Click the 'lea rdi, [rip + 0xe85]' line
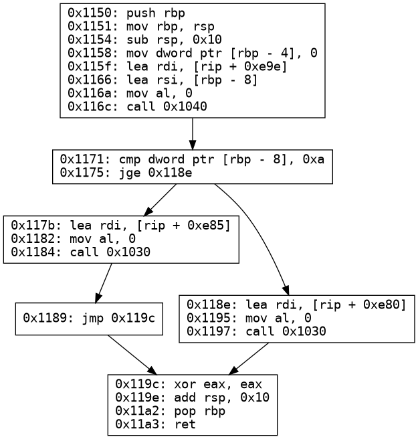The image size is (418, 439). [x=121, y=226]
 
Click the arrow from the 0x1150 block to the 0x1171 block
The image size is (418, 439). [x=193, y=134]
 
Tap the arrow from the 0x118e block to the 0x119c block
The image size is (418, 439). [x=251, y=359]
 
